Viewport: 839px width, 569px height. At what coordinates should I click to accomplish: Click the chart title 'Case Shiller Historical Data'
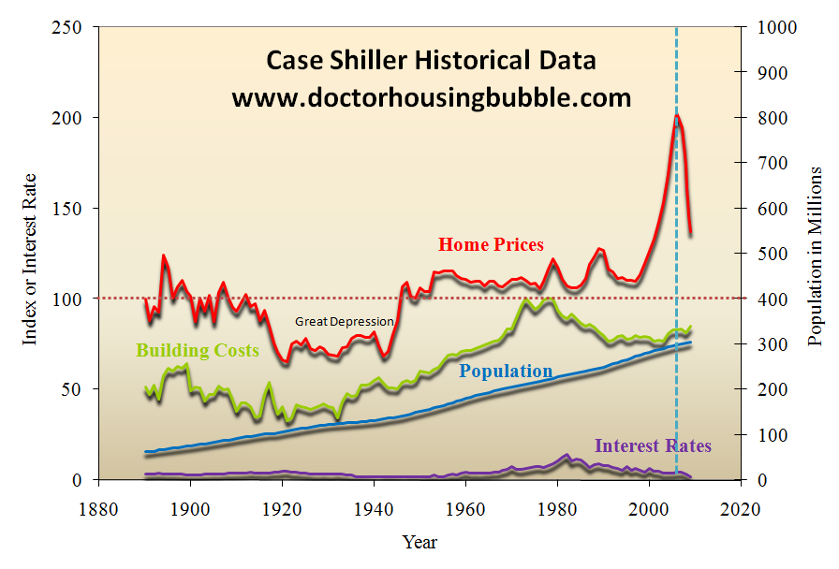pyautogui.click(x=431, y=61)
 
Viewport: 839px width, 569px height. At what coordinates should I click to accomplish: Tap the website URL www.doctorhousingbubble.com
pyautogui.click(x=431, y=97)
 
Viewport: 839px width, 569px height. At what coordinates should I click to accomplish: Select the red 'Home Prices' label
pyautogui.click(x=491, y=245)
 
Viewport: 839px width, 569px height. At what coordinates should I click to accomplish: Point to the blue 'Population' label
pyautogui.click(x=506, y=372)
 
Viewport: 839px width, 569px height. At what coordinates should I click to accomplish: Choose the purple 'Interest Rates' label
pyautogui.click(x=653, y=446)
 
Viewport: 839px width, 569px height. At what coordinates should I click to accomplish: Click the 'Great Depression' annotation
pyautogui.click(x=345, y=322)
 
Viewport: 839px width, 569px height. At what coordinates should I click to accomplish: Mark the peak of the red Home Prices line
pyautogui.click(x=676, y=116)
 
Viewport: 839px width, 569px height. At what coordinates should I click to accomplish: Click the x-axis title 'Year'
pyautogui.click(x=419, y=542)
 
